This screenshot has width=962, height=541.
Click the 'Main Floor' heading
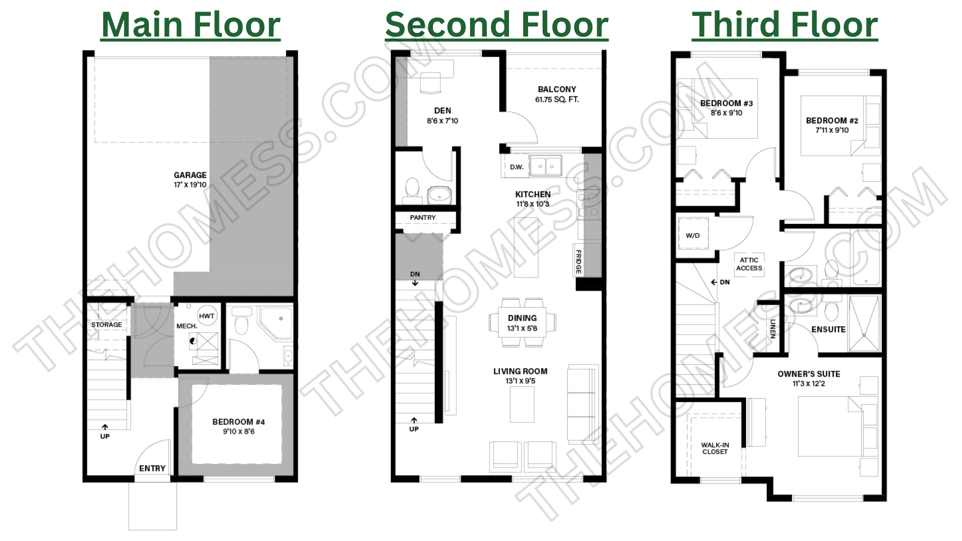191,25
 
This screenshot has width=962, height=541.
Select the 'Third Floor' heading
785,25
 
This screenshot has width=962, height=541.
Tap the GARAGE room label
190,175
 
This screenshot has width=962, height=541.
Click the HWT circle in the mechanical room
207,316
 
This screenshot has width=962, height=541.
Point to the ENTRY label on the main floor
152,468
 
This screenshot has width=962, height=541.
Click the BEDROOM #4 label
238,422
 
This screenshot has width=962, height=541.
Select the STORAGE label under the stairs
106,325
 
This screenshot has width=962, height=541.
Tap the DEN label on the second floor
442,111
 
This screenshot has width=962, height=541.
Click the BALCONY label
557,89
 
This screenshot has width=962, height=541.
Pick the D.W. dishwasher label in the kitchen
517,167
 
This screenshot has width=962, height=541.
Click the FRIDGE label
578,262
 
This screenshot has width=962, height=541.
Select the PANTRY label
423,217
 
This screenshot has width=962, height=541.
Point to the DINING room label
522,318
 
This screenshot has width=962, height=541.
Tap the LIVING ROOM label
520,371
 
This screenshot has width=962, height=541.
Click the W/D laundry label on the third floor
693,235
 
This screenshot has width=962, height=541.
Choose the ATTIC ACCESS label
749,264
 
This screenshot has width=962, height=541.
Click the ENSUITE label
828,329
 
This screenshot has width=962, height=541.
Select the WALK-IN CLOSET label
715,448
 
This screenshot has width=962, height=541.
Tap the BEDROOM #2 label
832,121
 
